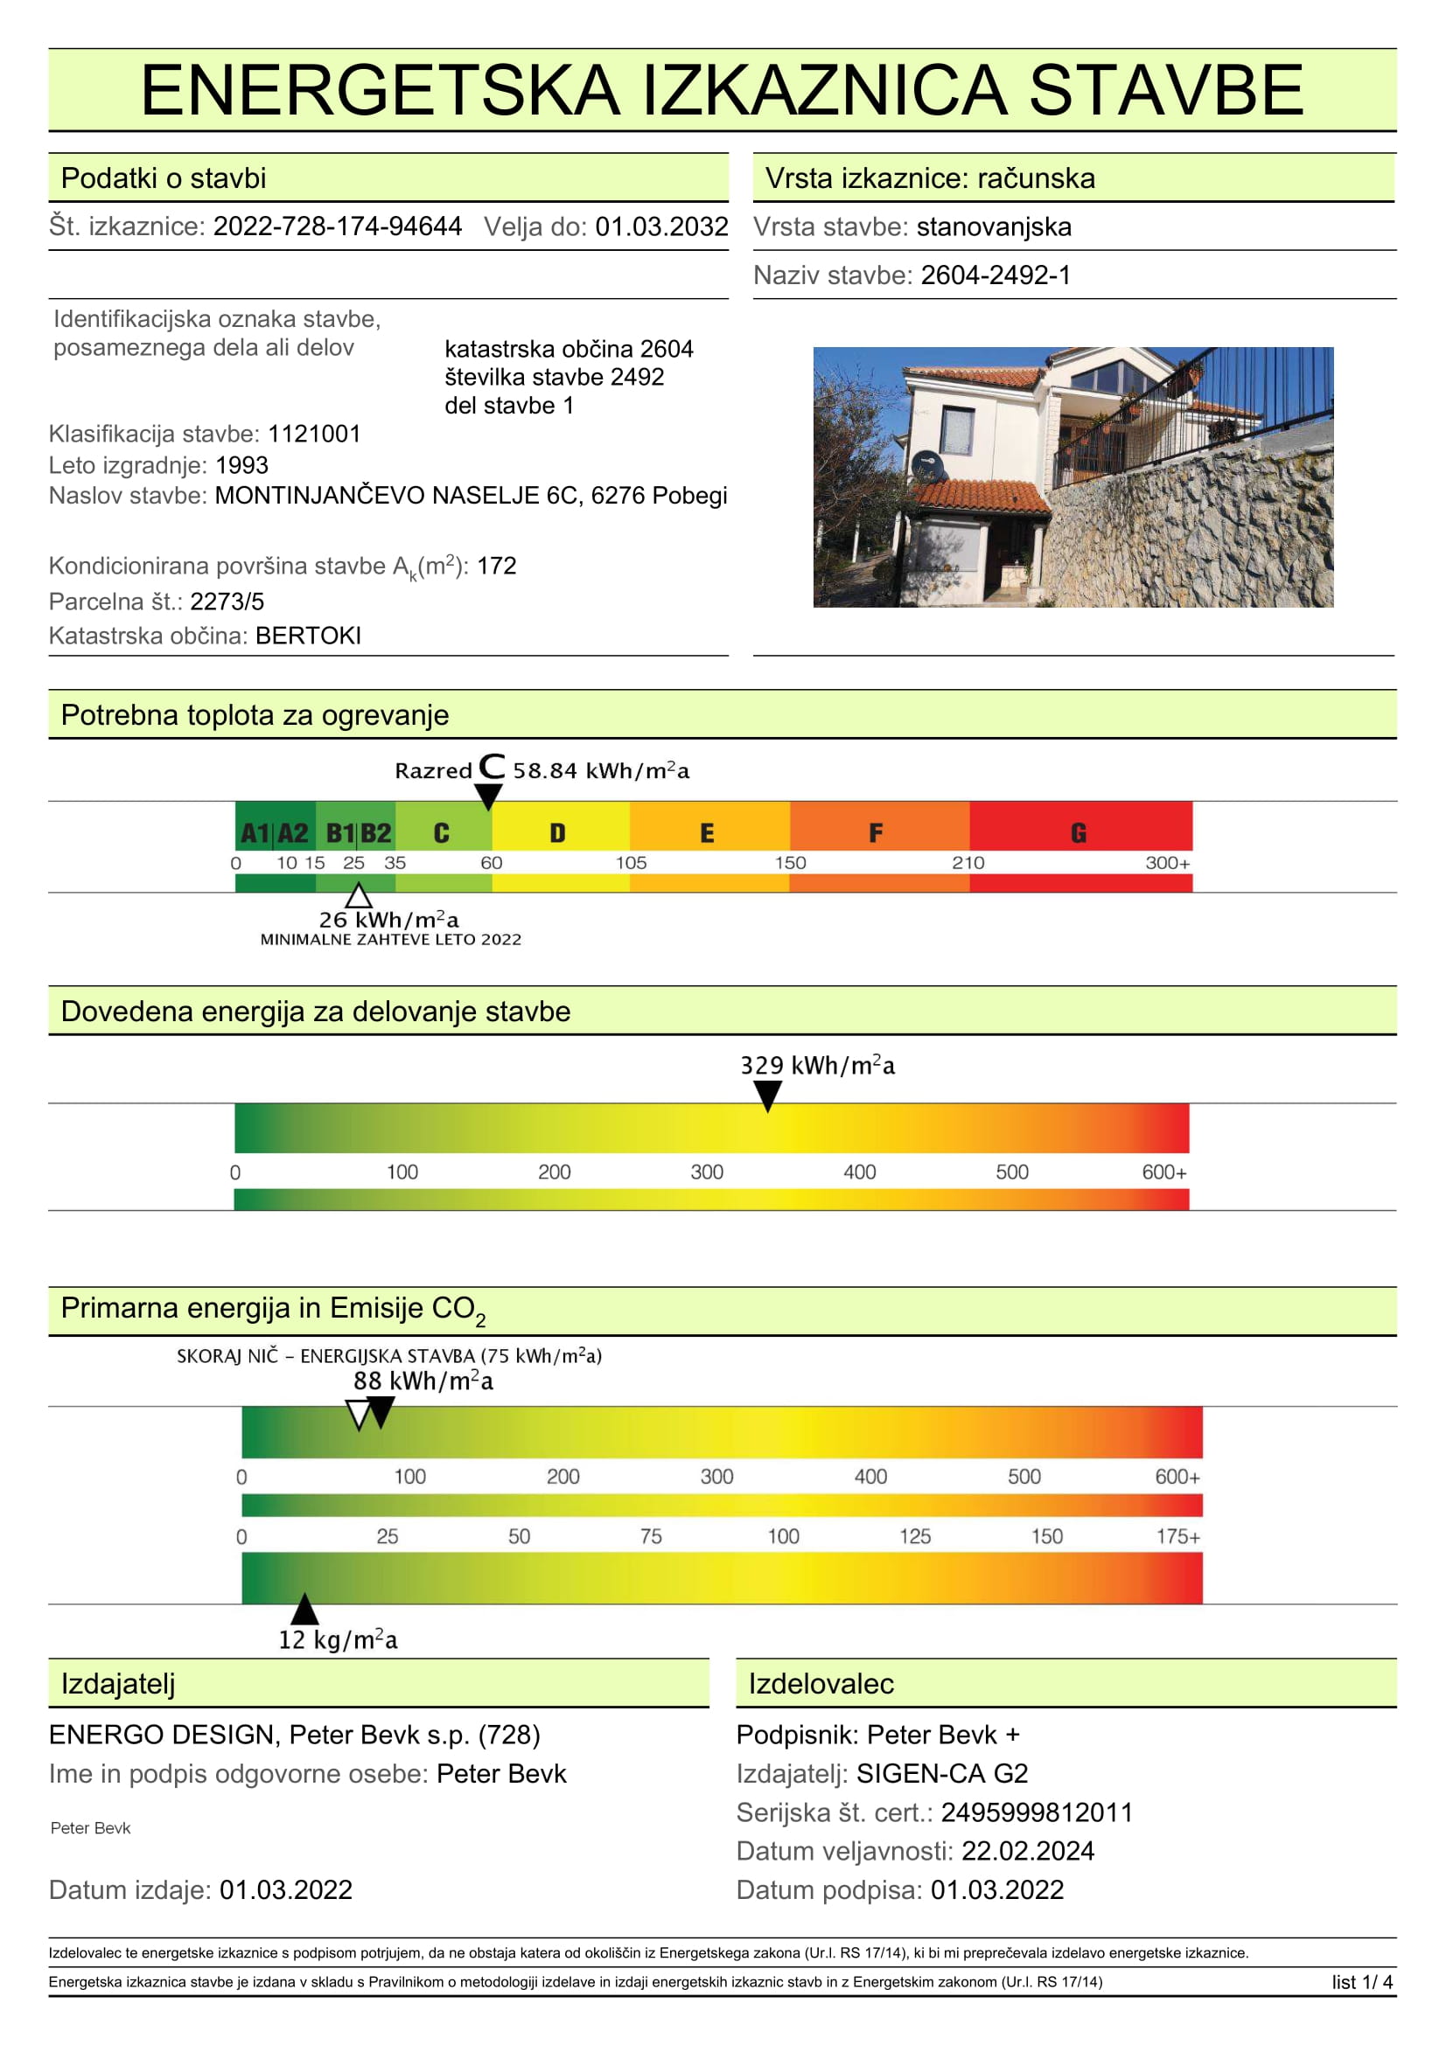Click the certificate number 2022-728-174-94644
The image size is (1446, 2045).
pos(337,226)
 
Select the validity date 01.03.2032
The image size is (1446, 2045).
pos(661,226)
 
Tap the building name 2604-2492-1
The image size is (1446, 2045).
pos(995,275)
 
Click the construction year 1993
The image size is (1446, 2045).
pos(241,465)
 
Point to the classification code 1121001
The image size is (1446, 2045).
pos(314,434)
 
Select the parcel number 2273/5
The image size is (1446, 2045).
pos(227,602)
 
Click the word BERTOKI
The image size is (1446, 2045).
pos(307,636)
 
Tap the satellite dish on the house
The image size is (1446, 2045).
pos(926,464)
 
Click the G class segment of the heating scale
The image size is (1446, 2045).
pos(1079,833)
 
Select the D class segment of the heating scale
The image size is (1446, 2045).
pos(559,833)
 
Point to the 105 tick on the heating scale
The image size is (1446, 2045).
pos(631,863)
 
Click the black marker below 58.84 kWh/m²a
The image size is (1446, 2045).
pos(488,796)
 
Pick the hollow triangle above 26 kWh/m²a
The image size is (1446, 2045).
pos(358,895)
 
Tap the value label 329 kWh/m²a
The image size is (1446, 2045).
pos(817,1065)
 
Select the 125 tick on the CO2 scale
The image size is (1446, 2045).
pos(915,1536)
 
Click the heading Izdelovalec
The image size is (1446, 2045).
pos(821,1683)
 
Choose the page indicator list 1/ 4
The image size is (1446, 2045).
pos(1361,1982)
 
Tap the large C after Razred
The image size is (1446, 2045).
pos(492,767)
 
